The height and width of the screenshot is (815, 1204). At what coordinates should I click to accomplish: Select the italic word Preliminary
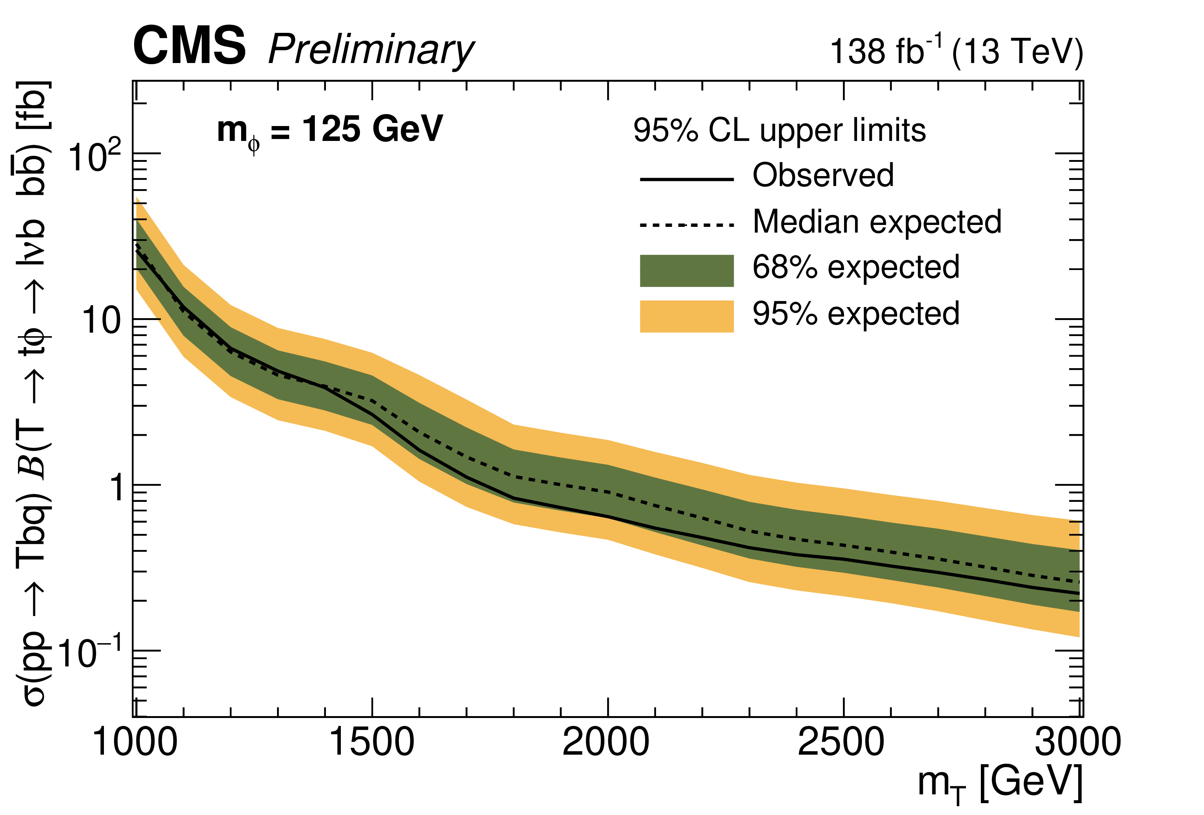(371, 51)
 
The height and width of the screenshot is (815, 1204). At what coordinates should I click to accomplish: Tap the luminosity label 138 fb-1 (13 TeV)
(956, 51)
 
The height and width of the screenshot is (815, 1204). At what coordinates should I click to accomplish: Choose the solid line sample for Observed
(687, 179)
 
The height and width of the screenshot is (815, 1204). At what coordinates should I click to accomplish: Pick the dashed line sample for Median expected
(687, 225)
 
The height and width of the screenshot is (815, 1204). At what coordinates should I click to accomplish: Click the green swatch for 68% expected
(687, 270)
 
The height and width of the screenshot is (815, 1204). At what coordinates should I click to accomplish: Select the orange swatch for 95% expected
(687, 316)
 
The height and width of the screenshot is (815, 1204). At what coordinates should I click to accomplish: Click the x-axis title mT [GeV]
(1000, 783)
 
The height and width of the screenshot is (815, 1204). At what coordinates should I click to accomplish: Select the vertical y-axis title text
(32, 393)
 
